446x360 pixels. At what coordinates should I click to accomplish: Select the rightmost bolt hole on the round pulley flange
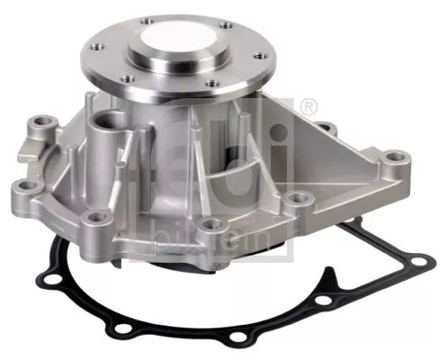pos(263,60)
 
